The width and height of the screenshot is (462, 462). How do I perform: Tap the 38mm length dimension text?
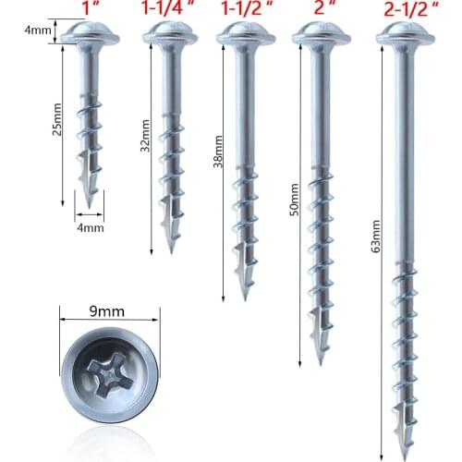(x=217, y=153)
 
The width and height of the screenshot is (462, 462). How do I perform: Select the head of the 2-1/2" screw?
(x=403, y=35)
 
